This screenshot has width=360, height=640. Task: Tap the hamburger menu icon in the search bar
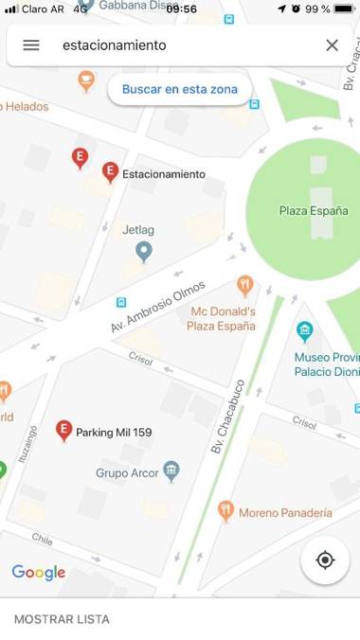point(31,45)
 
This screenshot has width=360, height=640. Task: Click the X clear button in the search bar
point(332,45)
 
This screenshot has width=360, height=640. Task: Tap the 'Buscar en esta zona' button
point(180,89)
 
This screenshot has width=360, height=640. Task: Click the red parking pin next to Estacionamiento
point(110,171)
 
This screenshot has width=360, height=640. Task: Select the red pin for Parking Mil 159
point(63,430)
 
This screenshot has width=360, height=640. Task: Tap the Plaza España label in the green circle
point(313,211)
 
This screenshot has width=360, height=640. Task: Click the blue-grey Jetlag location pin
point(143,251)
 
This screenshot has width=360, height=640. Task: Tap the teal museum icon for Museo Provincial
point(304,330)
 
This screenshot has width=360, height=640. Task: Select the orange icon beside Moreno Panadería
point(225,511)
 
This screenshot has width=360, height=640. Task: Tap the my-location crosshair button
point(325,560)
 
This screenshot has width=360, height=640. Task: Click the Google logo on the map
point(39,573)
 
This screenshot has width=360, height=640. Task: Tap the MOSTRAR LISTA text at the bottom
point(62,619)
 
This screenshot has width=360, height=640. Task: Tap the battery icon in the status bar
point(344,9)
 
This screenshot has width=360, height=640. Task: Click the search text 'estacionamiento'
point(114,45)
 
